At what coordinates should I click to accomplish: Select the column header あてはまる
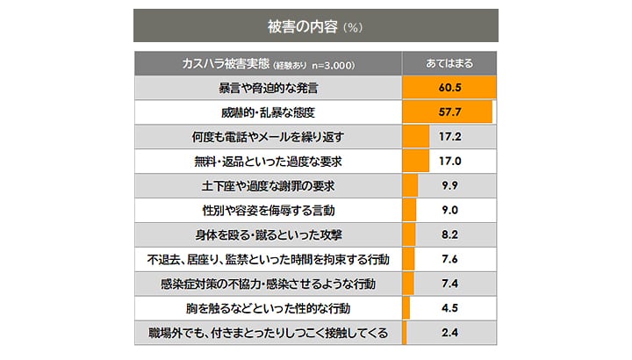pos(449,64)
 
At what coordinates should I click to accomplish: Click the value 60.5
pos(449,89)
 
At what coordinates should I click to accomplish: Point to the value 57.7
pos(449,113)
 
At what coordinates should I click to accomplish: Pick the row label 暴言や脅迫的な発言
pos(268,89)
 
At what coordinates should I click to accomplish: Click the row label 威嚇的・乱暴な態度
pos(268,113)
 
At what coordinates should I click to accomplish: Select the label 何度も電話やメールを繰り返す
pos(268,138)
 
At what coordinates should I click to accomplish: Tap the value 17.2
pos(449,138)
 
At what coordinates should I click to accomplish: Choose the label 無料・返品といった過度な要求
pos(268,162)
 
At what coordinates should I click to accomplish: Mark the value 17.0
pos(449,162)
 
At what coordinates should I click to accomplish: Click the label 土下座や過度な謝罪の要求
pos(268,186)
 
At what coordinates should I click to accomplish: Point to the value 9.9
pos(449,186)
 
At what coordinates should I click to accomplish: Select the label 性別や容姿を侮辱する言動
pos(268,211)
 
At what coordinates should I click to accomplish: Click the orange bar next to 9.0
pos(409,211)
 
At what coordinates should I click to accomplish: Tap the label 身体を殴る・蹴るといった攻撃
pos(268,235)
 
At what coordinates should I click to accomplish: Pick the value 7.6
pos(449,259)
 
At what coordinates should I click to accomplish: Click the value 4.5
pos(449,308)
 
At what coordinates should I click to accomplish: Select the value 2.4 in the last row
pos(449,333)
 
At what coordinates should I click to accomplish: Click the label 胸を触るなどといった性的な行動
pos(268,308)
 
